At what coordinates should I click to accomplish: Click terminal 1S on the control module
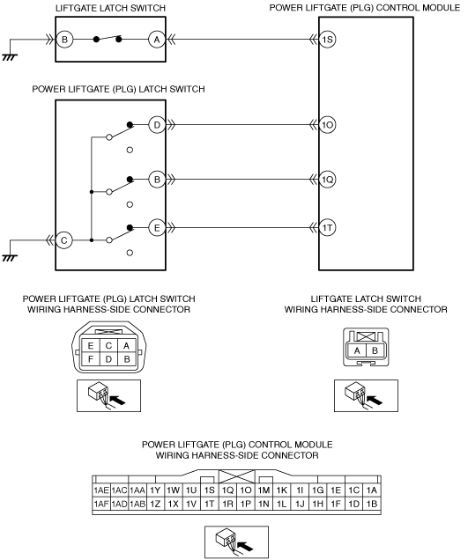click(328, 40)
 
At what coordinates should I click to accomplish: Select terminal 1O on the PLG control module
click(328, 125)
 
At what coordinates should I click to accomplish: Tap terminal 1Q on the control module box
click(328, 180)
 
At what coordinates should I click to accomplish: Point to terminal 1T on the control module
click(328, 228)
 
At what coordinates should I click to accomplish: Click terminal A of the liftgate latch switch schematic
click(157, 40)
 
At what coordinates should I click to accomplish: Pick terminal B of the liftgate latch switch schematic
click(64, 40)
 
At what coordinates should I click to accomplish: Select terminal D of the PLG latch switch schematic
click(157, 125)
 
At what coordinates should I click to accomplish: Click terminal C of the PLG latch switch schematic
click(64, 240)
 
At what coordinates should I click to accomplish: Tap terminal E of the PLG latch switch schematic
click(157, 228)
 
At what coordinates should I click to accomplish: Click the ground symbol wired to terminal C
click(10, 258)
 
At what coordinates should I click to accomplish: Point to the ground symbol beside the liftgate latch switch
click(10, 57)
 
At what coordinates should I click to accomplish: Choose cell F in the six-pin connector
click(91, 359)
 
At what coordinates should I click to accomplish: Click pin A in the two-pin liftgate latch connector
click(357, 350)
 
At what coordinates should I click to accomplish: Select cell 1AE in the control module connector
click(101, 490)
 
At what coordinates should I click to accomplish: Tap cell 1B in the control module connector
click(372, 504)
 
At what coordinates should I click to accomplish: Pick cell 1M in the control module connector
click(264, 490)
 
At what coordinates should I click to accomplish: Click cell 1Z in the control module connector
click(155, 504)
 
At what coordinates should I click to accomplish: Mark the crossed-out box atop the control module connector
click(237, 476)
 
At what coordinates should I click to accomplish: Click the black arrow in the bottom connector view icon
click(246, 546)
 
